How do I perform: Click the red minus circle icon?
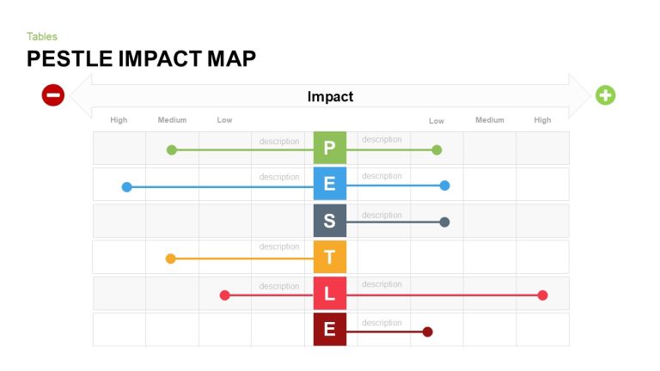tap(53, 95)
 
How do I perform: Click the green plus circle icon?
tap(606, 95)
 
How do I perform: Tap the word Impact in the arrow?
tap(330, 97)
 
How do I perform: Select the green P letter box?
tap(329, 148)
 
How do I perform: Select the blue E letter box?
tap(329, 184)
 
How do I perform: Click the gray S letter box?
tap(329, 221)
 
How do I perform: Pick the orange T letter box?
tap(329, 257)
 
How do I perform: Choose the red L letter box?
tap(329, 294)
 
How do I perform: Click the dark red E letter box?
tap(329, 330)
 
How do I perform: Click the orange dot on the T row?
tap(170, 258)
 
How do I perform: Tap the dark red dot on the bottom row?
tap(427, 331)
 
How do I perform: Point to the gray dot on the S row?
tap(444, 222)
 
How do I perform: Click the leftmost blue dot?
tap(126, 186)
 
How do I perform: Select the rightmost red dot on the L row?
tap(542, 295)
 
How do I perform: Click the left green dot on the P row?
tap(171, 150)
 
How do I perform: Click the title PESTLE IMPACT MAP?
tap(141, 58)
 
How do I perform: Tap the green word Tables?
tap(42, 36)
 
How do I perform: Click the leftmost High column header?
tap(119, 120)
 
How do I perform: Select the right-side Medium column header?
tap(490, 120)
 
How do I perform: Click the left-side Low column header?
tap(224, 120)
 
